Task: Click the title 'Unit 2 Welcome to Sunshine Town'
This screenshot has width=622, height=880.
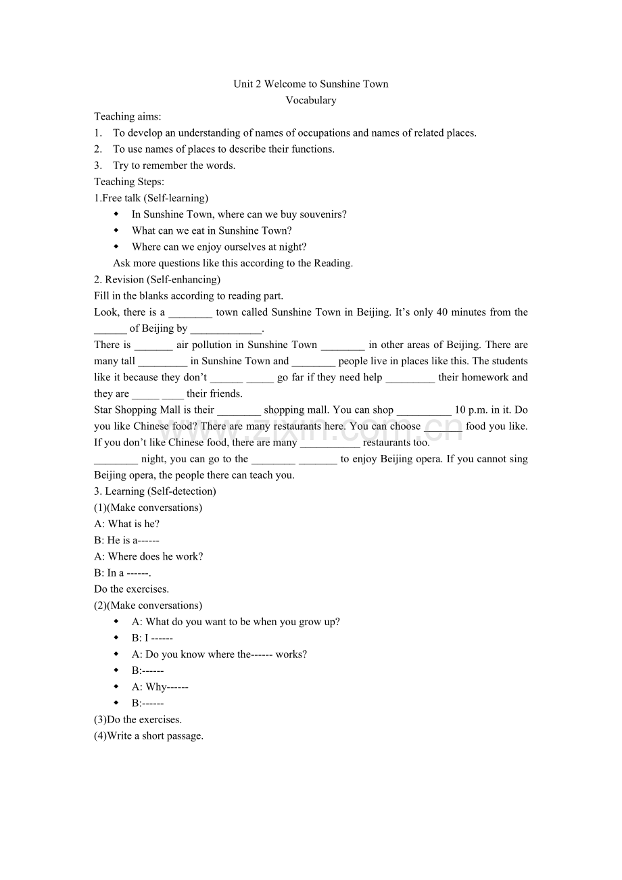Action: pyautogui.click(x=311, y=84)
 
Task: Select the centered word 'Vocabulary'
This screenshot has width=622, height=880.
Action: pyautogui.click(x=311, y=100)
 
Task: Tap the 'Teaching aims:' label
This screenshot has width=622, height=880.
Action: pyautogui.click(x=128, y=116)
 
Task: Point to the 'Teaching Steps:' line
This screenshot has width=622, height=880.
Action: pyautogui.click(x=129, y=182)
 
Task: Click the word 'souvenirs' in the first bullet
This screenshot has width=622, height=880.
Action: pyautogui.click(x=325, y=214)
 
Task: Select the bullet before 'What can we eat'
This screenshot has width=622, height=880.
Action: pyautogui.click(x=117, y=230)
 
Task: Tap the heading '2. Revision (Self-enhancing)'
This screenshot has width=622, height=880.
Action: pyautogui.click(x=158, y=279)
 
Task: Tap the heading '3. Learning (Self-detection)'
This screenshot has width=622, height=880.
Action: pyautogui.click(x=155, y=491)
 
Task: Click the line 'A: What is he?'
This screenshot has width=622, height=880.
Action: pyautogui.click(x=127, y=524)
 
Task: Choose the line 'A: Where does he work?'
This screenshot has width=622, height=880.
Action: pyautogui.click(x=149, y=556)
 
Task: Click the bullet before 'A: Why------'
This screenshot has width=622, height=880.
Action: pyautogui.click(x=117, y=687)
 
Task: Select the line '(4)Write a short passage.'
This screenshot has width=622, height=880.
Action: pyautogui.click(x=149, y=735)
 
